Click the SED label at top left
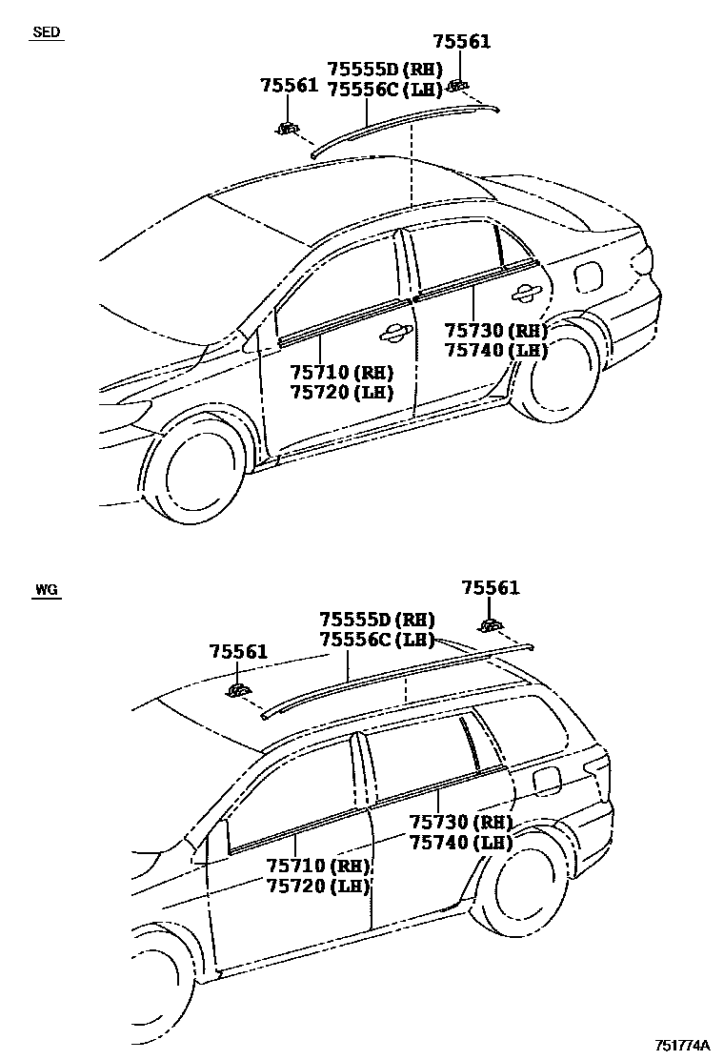[x=46, y=32]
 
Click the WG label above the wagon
[x=46, y=590]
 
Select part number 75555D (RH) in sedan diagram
[x=384, y=70]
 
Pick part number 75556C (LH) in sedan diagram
[x=384, y=90]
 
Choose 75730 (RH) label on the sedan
[x=496, y=330]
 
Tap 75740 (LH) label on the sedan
[x=496, y=350]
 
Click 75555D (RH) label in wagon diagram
[x=376, y=619]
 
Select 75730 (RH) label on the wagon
[x=461, y=822]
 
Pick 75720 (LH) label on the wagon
[x=318, y=886]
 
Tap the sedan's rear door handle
[x=523, y=292]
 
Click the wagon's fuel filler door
[x=546, y=779]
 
